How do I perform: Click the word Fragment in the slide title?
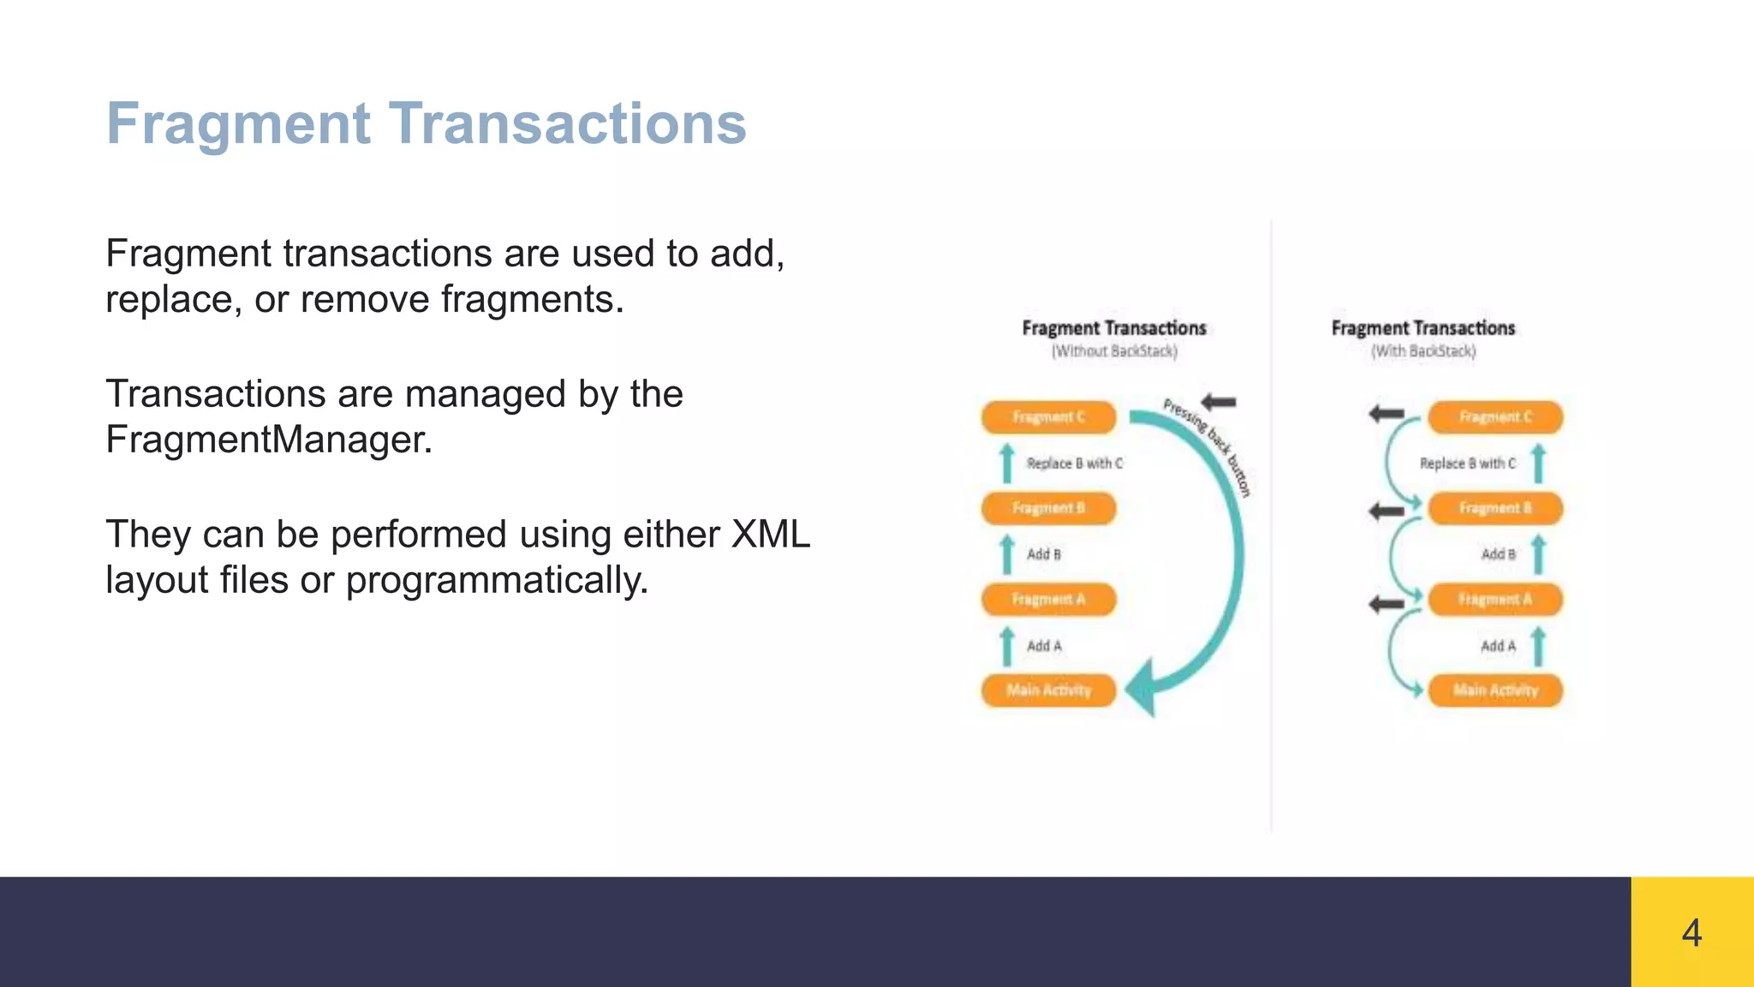click(x=238, y=124)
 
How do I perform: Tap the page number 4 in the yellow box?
click(x=1691, y=932)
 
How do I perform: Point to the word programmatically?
click(x=497, y=580)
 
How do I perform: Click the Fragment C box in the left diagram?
click(x=1048, y=417)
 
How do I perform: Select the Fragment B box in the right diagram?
click(x=1495, y=508)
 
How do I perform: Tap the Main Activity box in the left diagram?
click(x=1048, y=691)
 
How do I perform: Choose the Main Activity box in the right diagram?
click(x=1495, y=691)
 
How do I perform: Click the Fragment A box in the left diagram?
click(x=1048, y=600)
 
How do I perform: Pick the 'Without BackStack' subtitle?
click(x=1114, y=351)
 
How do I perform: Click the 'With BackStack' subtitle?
click(x=1423, y=351)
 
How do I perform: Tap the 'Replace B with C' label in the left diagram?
click(x=1074, y=464)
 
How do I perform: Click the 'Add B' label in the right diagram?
click(x=1498, y=554)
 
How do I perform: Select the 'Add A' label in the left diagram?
click(x=1044, y=646)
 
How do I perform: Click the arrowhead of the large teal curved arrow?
click(x=1143, y=688)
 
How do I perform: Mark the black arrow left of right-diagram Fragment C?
click(x=1386, y=415)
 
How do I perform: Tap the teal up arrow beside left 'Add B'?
click(x=1007, y=554)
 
